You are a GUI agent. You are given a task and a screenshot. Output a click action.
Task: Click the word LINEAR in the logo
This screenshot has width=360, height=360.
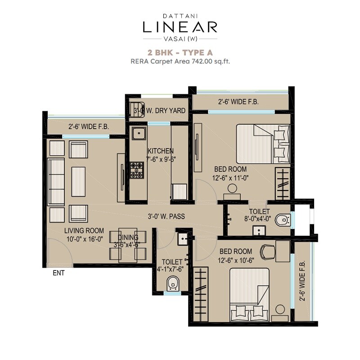180,27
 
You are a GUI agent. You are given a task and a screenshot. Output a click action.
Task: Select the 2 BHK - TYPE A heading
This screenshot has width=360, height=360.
180,52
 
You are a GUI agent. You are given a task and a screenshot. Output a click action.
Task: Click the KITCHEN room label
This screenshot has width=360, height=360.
160,151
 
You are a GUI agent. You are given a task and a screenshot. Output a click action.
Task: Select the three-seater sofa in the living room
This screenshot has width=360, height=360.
56,181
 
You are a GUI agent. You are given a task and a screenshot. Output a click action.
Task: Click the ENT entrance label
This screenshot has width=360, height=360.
58,273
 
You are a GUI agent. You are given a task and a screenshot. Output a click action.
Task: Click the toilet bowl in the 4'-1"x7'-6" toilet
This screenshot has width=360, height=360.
172,283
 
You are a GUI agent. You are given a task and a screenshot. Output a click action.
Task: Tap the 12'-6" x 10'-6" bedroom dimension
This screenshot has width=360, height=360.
236,260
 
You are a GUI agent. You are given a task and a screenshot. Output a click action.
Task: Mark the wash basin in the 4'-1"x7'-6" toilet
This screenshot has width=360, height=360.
183,238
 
